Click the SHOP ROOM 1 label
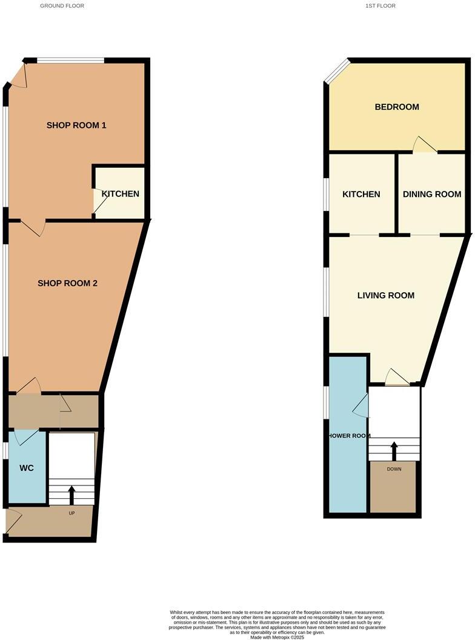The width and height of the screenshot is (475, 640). (x=76, y=125)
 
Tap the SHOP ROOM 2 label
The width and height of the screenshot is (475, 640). (x=68, y=283)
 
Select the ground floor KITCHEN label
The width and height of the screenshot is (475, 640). (x=120, y=194)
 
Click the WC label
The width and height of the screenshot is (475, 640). (x=26, y=468)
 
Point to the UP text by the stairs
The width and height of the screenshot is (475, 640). (x=71, y=513)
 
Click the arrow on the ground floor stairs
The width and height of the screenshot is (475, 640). (x=72, y=495)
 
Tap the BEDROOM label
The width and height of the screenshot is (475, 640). (x=397, y=107)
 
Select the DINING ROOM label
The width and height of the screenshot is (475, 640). (x=432, y=195)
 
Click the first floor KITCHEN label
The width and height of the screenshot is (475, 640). (x=361, y=195)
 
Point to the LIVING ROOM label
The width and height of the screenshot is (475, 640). (x=386, y=296)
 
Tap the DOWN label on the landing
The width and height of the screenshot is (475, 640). (x=394, y=468)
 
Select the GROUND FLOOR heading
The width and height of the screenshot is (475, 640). (x=62, y=5)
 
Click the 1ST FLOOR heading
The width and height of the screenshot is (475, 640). (x=380, y=5)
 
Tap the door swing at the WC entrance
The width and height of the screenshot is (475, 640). (x=26, y=437)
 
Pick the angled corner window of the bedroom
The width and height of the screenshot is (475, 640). (x=337, y=71)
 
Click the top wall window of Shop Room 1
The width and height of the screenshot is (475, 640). (x=70, y=60)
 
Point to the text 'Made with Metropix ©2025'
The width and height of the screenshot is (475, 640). (x=277, y=637)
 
